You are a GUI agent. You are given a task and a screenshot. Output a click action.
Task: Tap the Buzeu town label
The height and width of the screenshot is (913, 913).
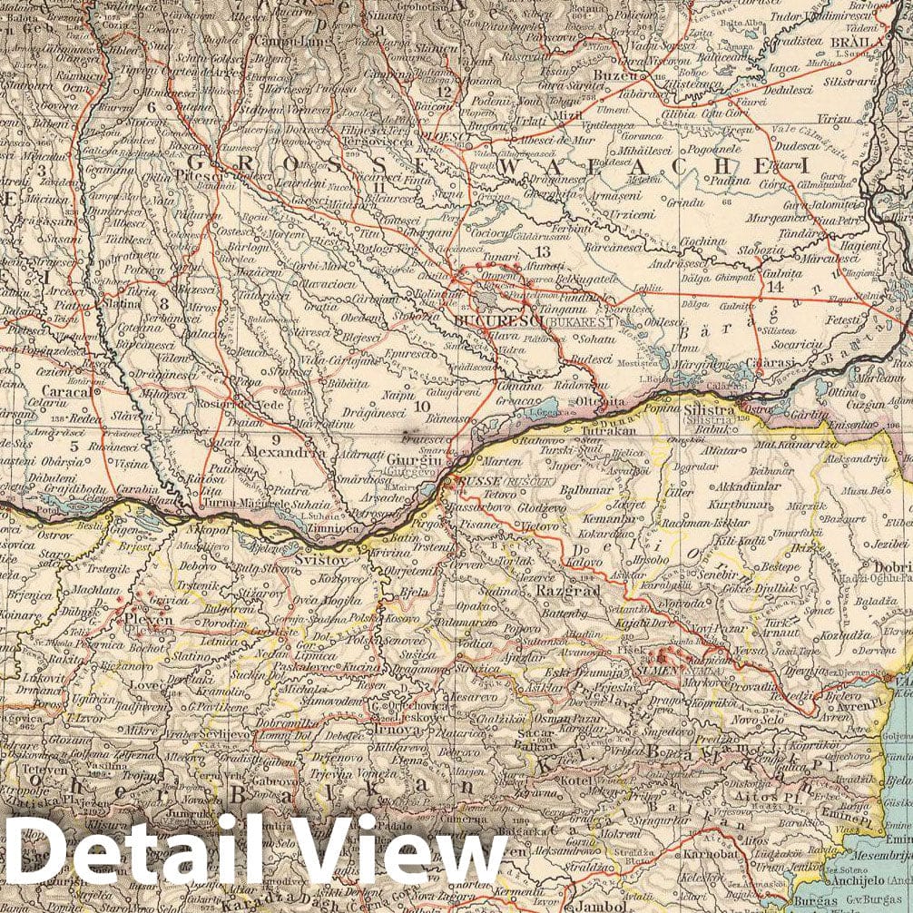click(616, 75)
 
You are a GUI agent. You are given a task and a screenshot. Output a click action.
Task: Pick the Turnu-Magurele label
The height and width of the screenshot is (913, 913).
click(229, 505)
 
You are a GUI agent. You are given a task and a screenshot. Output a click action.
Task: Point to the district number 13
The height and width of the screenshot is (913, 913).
click(543, 251)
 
